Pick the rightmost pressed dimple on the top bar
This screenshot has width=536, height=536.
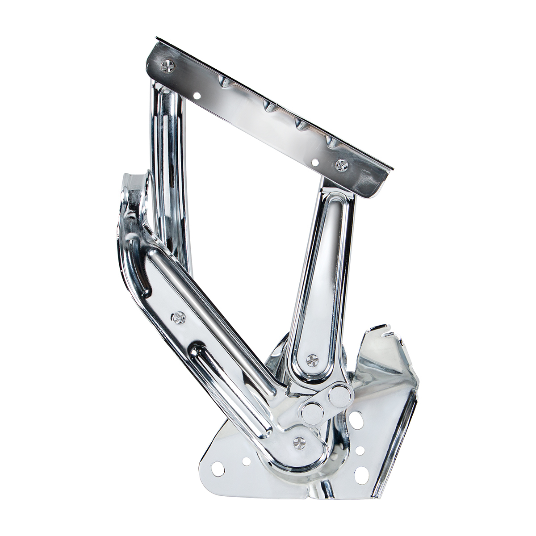331,143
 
